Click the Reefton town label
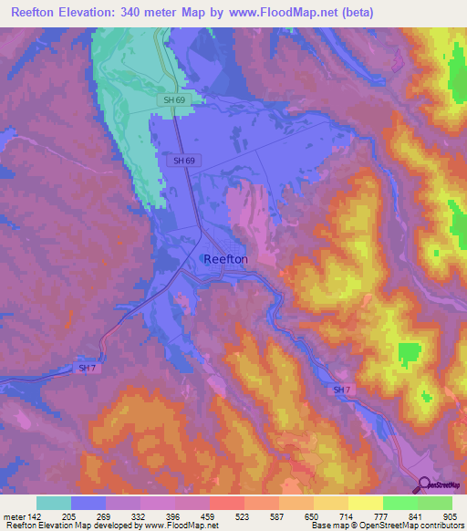tap(225, 259)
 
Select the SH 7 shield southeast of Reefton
tap(341, 390)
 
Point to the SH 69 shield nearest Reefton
tap(183, 160)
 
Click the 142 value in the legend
tap(36, 516)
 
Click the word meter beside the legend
tap(14, 516)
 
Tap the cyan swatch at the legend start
tap(54, 503)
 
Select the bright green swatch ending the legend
tap(435, 503)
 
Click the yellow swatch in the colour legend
tap(366, 503)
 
